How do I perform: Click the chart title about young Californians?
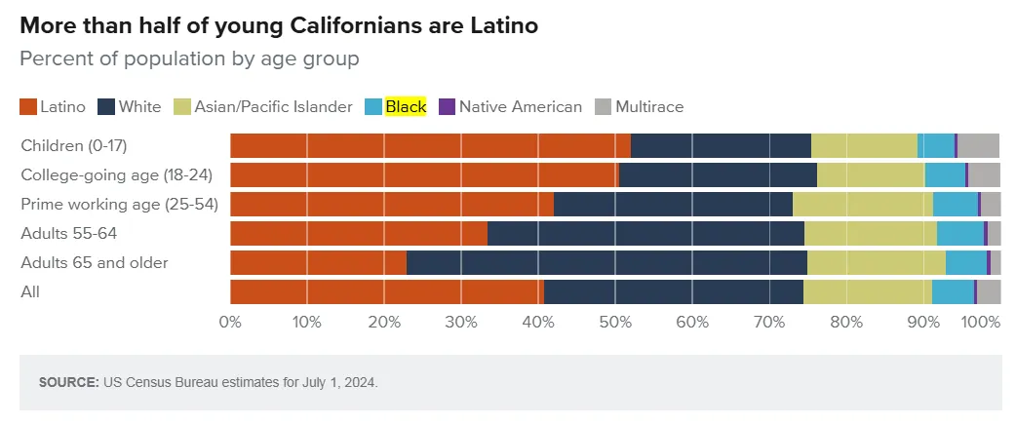tap(279, 26)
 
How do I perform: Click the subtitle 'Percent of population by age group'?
tap(189, 58)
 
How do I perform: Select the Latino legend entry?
tap(54, 107)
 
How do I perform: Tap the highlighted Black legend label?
tap(406, 107)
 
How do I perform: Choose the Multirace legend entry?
tap(640, 107)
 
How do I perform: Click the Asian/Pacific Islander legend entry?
tap(263, 107)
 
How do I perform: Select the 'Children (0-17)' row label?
tap(75, 146)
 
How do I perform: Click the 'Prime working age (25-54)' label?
tap(119, 205)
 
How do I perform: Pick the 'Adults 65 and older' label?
tap(95, 263)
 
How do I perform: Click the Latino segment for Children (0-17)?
tap(430, 145)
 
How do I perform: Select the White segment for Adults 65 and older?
tap(606, 263)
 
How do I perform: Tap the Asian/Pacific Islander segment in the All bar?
tap(867, 292)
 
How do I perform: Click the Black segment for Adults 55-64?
tap(959, 234)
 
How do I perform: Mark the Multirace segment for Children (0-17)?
tap(978, 145)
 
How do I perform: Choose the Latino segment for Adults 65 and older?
tap(318, 263)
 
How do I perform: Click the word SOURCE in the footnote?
tap(68, 383)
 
